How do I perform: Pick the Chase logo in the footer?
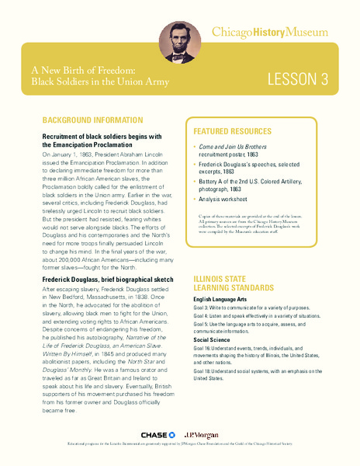point(155,434)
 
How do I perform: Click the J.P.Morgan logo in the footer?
point(202,434)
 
